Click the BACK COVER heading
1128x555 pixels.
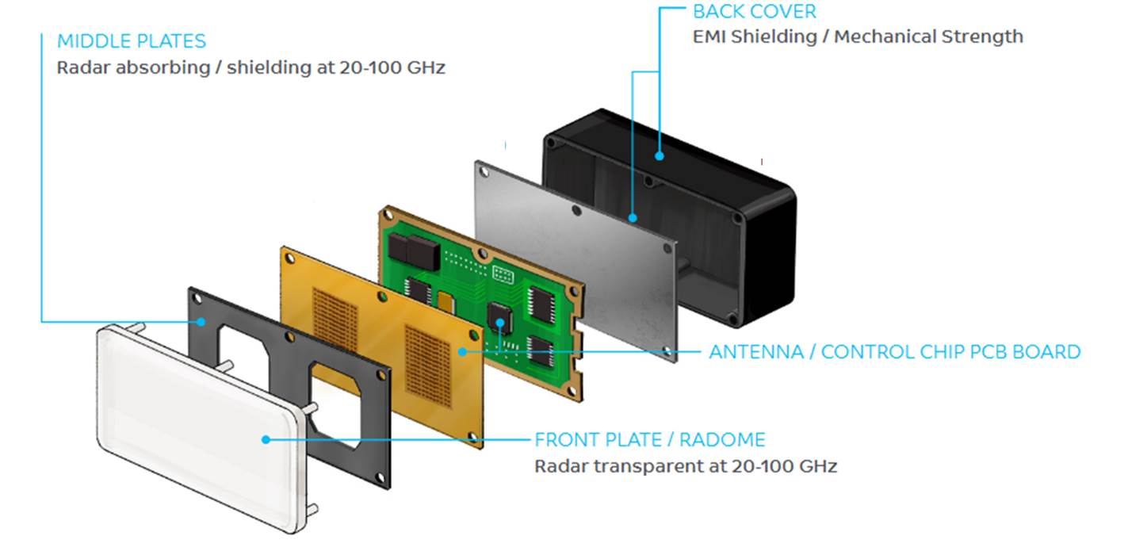[x=754, y=12]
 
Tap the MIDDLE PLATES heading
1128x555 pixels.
[x=132, y=41]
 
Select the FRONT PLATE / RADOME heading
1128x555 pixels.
[x=650, y=439]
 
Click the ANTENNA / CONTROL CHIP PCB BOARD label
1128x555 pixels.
[x=895, y=352]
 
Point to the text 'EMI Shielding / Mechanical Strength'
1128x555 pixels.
[x=858, y=36]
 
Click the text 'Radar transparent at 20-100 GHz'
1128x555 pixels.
[x=686, y=465]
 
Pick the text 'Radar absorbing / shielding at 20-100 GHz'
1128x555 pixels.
[x=251, y=67]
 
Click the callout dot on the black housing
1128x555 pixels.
[x=660, y=155]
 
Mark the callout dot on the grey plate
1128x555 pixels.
[x=632, y=216]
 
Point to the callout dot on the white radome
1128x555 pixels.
[x=266, y=438]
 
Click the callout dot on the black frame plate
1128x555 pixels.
[x=202, y=322]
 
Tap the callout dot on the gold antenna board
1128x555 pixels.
[x=462, y=350]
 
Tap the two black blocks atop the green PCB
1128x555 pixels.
[x=412, y=250]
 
